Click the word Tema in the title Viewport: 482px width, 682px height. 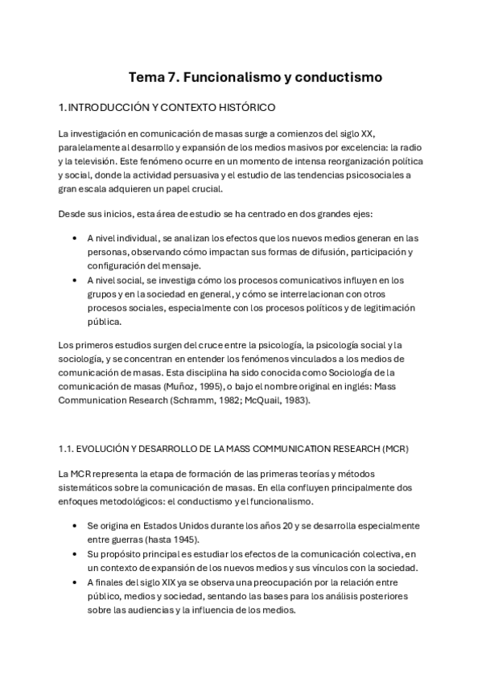pyautogui.click(x=147, y=78)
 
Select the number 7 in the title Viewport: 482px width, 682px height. pyautogui.click(x=175, y=78)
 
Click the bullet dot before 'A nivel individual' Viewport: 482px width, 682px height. pyautogui.click(x=75, y=238)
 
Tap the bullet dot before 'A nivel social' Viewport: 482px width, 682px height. pyautogui.click(x=75, y=280)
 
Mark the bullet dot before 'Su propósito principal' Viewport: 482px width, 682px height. pyautogui.click(x=75, y=554)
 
